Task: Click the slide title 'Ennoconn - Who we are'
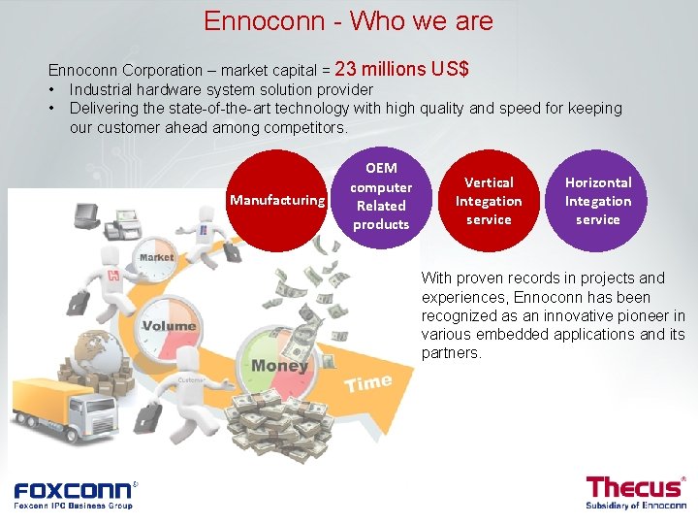(348, 20)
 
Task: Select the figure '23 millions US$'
(402, 69)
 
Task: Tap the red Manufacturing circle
(276, 200)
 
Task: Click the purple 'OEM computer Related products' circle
(381, 196)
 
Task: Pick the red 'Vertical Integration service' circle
(489, 201)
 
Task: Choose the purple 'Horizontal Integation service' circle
(598, 201)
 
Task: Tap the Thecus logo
(635, 491)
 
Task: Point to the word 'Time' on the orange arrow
(368, 383)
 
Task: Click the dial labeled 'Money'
(278, 365)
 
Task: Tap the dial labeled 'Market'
(155, 260)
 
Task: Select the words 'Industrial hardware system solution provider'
(221, 90)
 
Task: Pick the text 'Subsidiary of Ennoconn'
(635, 506)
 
